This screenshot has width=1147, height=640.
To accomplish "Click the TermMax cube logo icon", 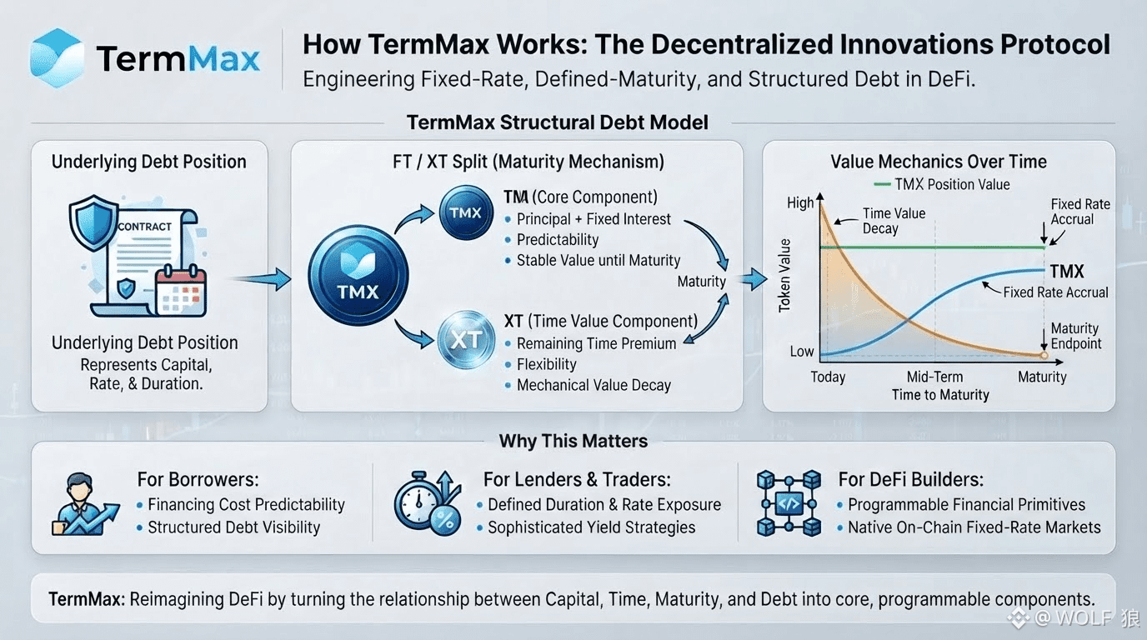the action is pos(57,57).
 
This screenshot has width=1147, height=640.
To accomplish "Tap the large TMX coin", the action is pos(358,276).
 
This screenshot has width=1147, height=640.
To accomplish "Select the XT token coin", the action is pos(466,339).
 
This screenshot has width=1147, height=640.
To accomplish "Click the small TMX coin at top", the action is pos(466,212).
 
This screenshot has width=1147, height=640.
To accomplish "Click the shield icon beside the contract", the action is pos(93,222).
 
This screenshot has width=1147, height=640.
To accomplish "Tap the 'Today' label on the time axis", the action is pos(828,377).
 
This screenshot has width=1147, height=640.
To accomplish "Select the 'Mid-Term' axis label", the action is pos(934,377).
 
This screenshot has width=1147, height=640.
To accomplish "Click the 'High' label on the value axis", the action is pos(800,203).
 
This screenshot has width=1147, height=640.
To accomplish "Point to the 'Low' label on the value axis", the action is pos(801,352).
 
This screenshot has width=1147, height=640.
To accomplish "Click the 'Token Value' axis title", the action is pos(784,276).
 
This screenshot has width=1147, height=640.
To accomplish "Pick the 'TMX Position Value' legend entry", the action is pos(942,184).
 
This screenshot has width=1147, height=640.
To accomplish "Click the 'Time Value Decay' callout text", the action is pos(894,221).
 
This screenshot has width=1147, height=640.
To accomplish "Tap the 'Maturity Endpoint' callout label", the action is pos(1076,336).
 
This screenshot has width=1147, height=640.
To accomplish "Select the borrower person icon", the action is pos(85,504).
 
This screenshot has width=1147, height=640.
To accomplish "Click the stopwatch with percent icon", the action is pos(428,502).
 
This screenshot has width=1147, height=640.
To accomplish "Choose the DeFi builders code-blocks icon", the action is pos(789,503).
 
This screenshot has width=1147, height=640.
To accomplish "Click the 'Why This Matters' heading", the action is pos(573,441).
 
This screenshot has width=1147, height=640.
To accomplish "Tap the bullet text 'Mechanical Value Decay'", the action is pos(594,385).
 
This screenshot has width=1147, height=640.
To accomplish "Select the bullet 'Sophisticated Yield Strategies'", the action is pos(592,527).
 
